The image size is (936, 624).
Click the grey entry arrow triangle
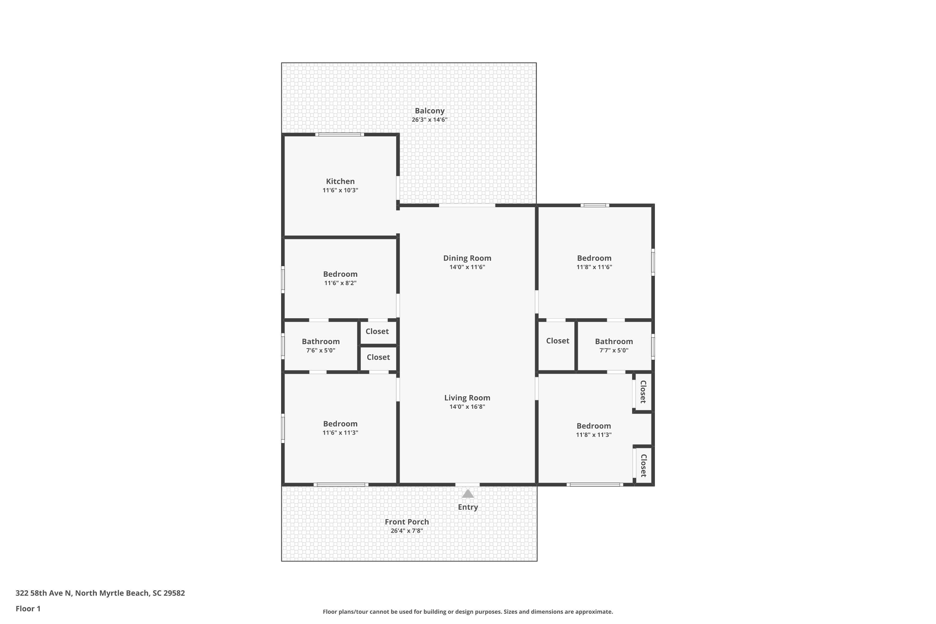(468, 494)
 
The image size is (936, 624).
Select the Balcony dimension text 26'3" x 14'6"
(429, 119)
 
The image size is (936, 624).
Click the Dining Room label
(467, 258)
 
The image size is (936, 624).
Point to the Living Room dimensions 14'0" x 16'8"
(467, 406)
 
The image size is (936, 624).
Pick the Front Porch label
(407, 522)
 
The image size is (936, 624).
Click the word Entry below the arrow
(468, 507)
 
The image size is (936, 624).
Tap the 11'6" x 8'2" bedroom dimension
(340, 283)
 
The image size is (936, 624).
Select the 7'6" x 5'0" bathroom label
(321, 350)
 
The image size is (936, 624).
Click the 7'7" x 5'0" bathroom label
(614, 350)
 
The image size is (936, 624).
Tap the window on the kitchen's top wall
(339, 134)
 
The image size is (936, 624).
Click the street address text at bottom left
(100, 593)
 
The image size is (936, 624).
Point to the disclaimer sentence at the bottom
(468, 612)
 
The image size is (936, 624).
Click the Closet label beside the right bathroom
(558, 341)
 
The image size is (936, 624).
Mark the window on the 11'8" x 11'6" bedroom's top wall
(595, 205)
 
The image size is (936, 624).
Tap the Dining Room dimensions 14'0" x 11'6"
(467, 267)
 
